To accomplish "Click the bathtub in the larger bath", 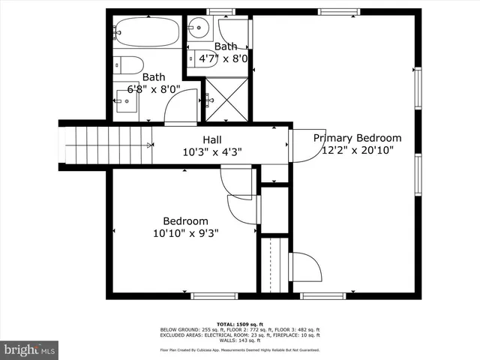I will click(x=148, y=33).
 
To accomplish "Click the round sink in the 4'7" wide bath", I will click(x=198, y=30).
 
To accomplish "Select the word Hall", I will click(x=211, y=139).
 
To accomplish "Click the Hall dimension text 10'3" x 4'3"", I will click(x=212, y=151).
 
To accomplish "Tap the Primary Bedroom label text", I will click(x=357, y=138).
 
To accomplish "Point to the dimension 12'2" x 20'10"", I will click(x=357, y=150).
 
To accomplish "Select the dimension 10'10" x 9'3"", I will click(x=185, y=232).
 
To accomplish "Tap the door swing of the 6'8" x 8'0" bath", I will click(x=181, y=107).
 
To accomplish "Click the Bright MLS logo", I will click(x=29, y=349).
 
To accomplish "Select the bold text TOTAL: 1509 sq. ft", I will click(x=239, y=324).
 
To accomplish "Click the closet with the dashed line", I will click(x=274, y=265).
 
